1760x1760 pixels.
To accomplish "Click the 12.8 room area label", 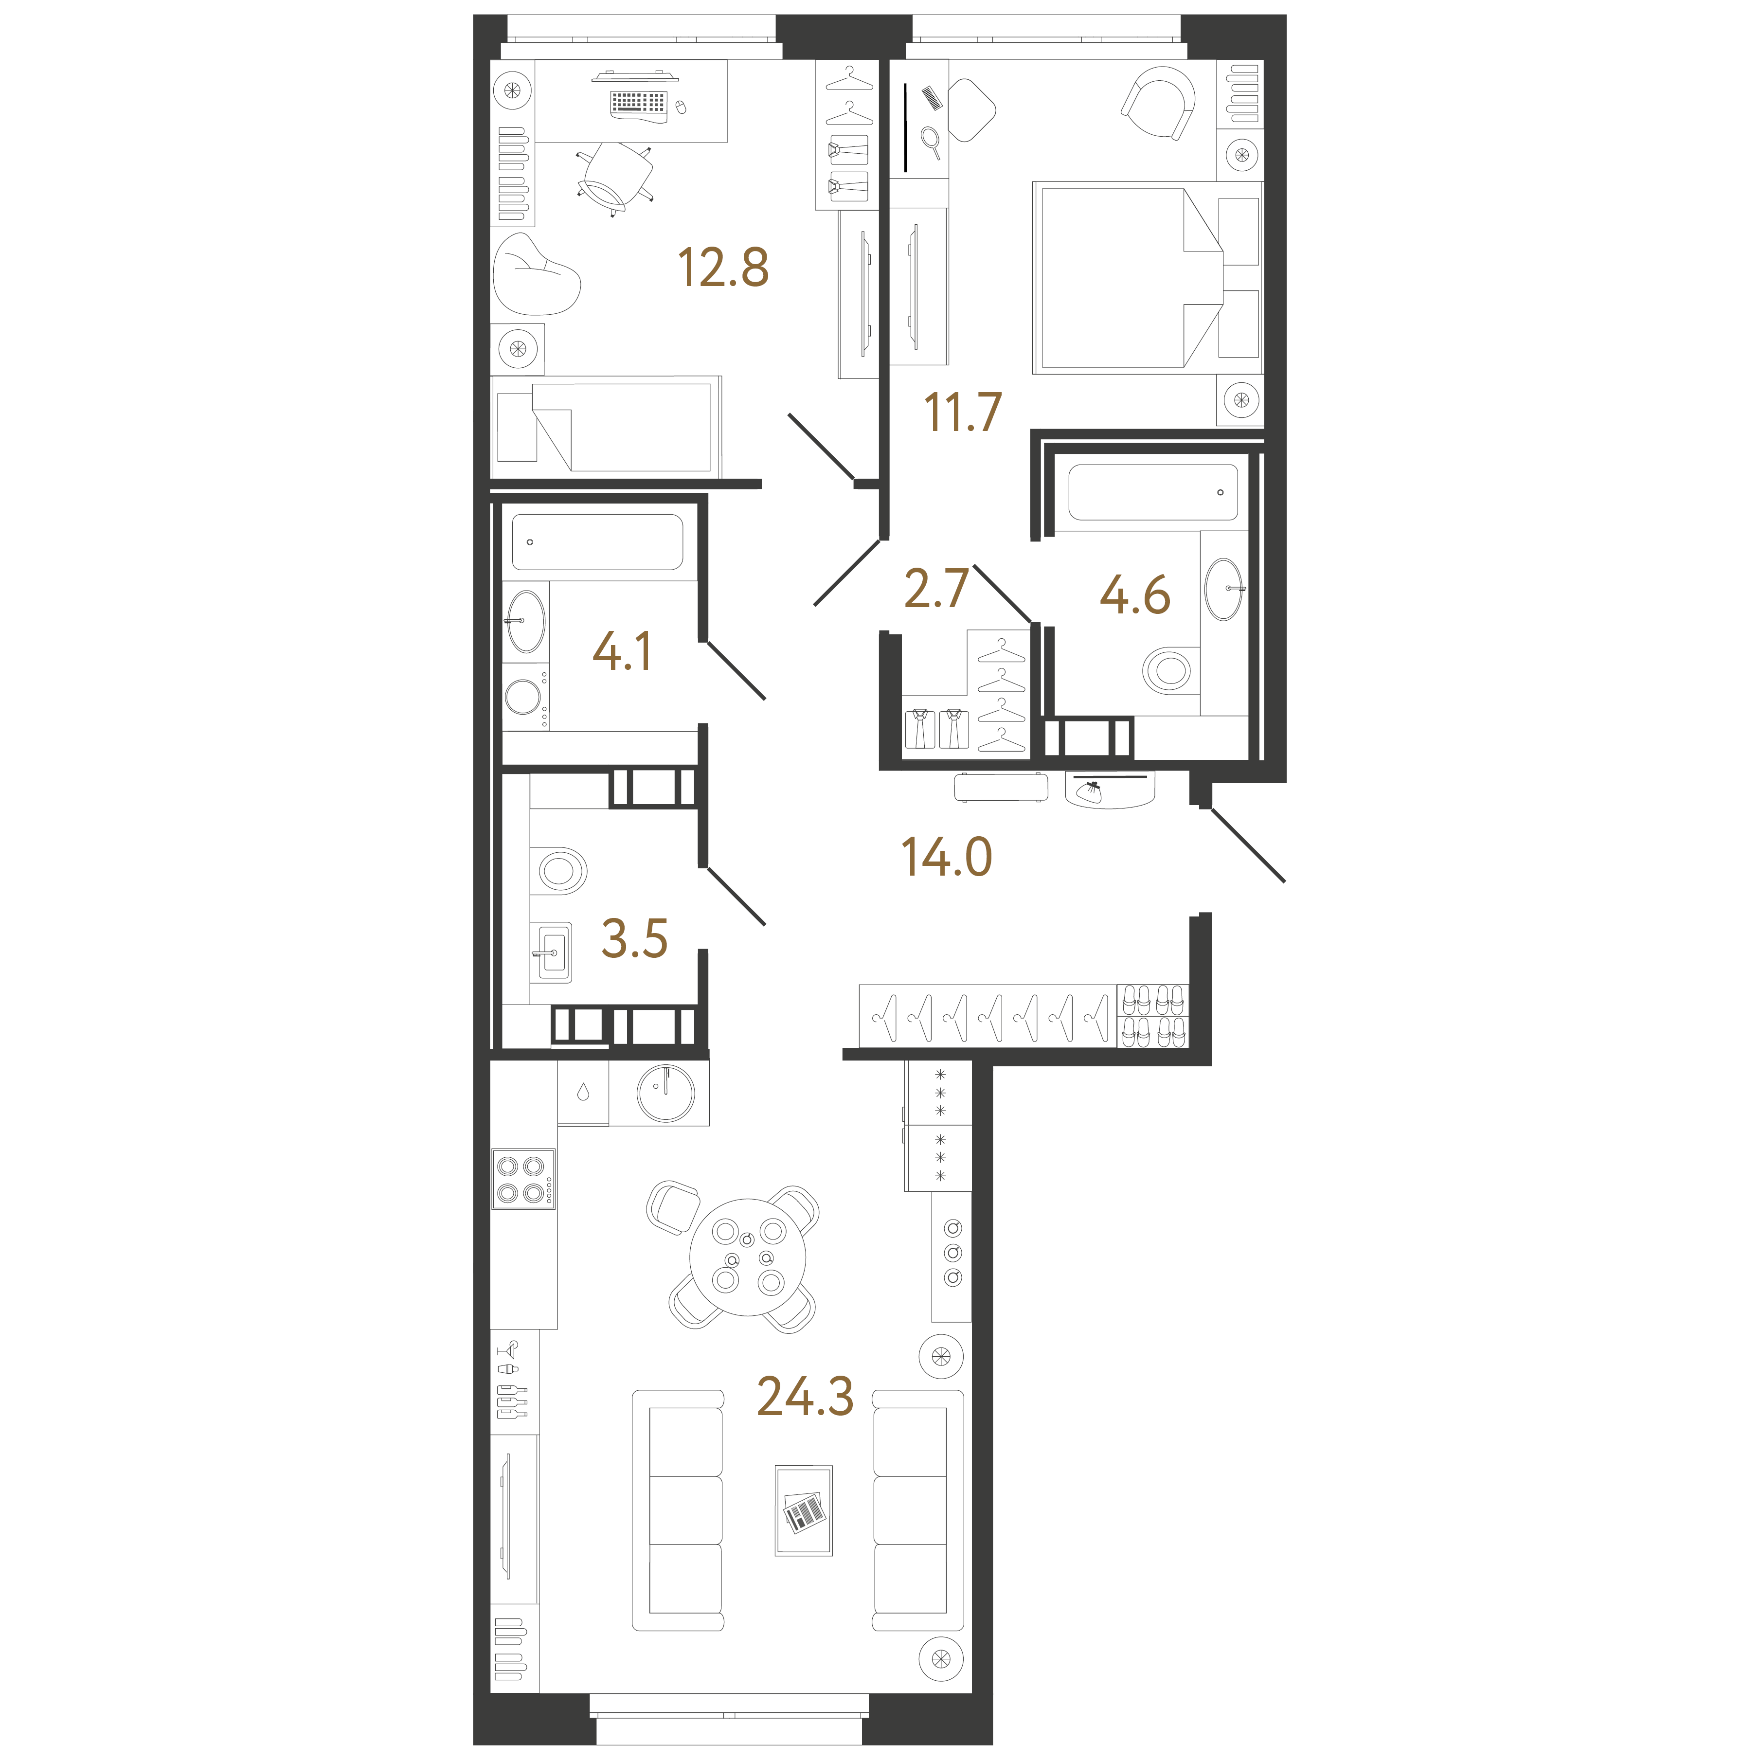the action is point(723,268).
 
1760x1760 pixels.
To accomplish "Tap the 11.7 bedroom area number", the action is point(963,412).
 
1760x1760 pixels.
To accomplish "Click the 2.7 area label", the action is point(936,589).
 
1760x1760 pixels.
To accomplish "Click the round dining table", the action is point(748,1257).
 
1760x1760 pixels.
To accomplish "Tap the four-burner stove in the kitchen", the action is point(523,1179).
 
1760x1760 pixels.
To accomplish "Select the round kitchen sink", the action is point(666,1093).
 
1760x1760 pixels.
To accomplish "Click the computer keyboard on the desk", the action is point(639,103).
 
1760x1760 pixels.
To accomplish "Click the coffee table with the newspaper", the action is point(804,1510).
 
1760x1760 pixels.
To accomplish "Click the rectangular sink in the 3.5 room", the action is point(554,953).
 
